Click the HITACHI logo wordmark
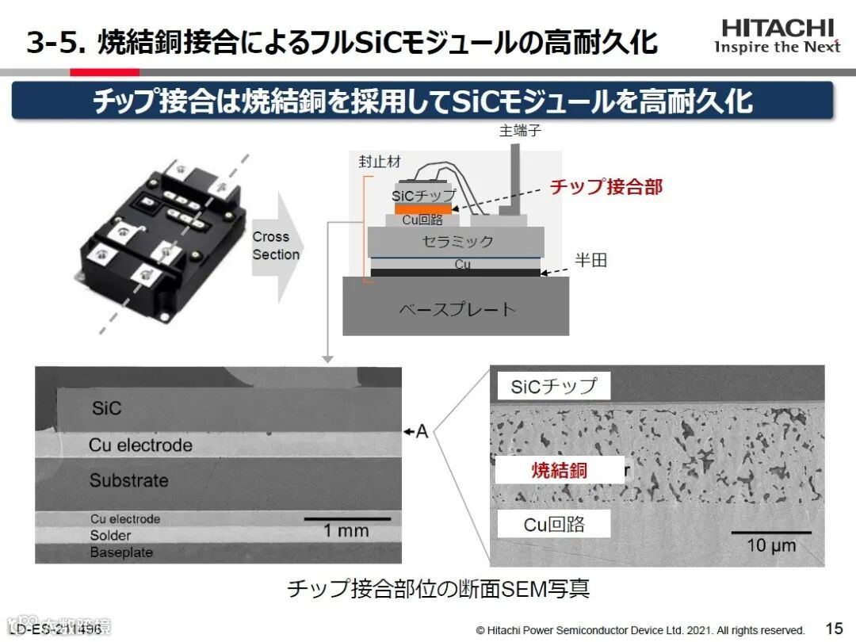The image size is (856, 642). point(778,28)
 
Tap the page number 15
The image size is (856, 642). point(835,628)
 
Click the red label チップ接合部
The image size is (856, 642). point(606,187)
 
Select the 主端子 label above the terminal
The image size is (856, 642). point(520,131)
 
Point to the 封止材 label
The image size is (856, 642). point(380,162)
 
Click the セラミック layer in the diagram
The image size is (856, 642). point(457,242)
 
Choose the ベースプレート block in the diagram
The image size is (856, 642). point(456,308)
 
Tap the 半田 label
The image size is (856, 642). point(590,260)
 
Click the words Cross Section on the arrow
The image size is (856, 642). point(276,246)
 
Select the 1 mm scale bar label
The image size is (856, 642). point(346,531)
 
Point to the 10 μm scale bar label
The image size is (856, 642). point(771,545)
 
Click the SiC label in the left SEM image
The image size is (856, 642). point(107,409)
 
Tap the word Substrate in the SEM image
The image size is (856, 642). point(129,480)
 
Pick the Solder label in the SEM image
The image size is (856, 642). point(110,536)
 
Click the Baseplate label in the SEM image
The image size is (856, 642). point(121,552)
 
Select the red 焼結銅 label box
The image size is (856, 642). point(560,470)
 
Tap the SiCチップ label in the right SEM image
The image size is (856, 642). point(553,387)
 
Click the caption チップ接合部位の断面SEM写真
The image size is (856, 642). point(438,589)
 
